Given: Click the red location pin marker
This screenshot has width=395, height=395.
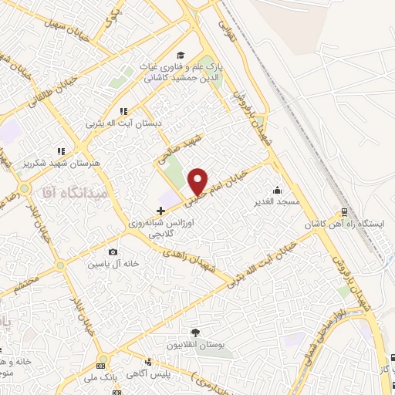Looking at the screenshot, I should [198, 181].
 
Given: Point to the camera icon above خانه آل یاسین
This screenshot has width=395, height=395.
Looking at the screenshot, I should [113, 252].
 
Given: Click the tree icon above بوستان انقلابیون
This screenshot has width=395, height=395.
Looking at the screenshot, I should [195, 333].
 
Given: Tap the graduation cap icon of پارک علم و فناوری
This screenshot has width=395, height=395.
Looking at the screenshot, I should [180, 55].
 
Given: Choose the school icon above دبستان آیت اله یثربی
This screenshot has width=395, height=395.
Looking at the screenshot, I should [123, 111].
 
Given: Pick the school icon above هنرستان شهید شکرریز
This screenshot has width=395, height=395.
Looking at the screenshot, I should [60, 151].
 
